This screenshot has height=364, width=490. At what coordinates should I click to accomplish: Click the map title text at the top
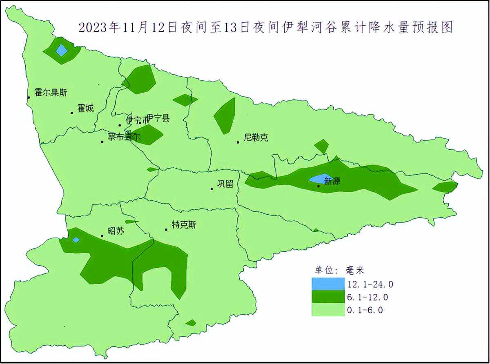(x=265, y=27)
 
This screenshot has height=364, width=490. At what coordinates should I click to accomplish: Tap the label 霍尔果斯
(x=51, y=93)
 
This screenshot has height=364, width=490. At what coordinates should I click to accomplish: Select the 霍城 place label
(x=85, y=108)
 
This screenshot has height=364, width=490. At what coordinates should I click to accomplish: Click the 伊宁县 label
(x=158, y=118)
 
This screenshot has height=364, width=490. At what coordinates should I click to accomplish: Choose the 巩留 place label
(x=225, y=184)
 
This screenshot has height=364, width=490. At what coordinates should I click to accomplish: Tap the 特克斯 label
(x=184, y=224)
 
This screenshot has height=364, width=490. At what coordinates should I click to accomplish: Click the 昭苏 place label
(x=116, y=231)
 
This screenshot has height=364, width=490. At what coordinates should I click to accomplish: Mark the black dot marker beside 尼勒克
(x=238, y=142)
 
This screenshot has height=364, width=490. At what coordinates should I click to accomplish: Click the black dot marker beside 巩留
(x=212, y=189)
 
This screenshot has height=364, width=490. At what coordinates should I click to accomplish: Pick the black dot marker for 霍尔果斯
(x=29, y=97)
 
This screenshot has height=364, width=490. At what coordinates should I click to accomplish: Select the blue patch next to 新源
(x=320, y=179)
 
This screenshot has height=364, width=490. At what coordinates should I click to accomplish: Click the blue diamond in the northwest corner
(x=62, y=50)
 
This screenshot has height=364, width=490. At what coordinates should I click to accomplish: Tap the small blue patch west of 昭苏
(x=76, y=240)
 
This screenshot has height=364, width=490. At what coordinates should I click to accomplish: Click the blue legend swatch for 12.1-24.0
(x=328, y=283)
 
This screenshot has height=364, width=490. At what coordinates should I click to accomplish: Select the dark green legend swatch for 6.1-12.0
(x=328, y=297)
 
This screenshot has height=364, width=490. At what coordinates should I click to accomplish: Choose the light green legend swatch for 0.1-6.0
(x=328, y=310)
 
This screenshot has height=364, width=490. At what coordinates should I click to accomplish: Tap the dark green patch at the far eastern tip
(x=445, y=187)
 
